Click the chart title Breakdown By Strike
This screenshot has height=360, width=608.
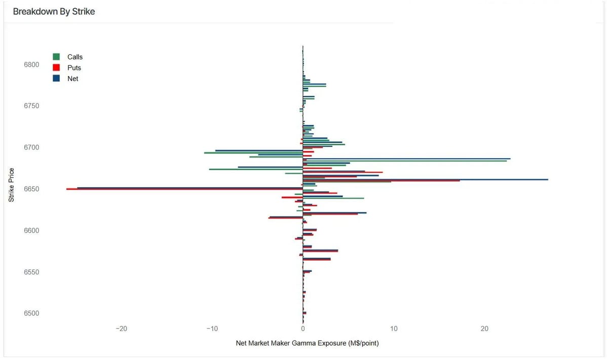point(54,12)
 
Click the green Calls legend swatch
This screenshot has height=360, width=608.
point(56,57)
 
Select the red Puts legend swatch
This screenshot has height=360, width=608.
point(56,67)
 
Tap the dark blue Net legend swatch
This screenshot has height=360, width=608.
point(56,79)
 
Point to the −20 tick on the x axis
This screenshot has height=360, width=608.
point(121,329)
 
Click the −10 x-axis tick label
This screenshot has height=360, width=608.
point(212,329)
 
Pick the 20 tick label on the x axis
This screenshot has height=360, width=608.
point(484,329)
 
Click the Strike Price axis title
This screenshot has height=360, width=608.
point(11,185)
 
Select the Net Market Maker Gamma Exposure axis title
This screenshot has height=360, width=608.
point(307,343)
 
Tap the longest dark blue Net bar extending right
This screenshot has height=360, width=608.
point(426,179)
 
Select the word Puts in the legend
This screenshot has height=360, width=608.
point(74,67)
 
